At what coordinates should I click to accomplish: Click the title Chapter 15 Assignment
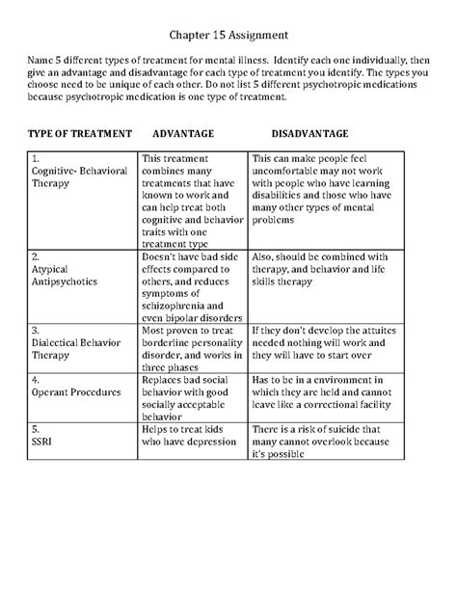(228, 37)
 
